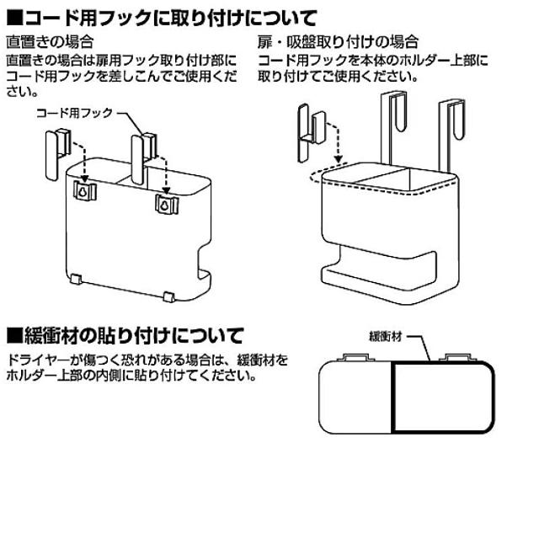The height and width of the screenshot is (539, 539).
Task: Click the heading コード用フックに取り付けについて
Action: click(168, 16)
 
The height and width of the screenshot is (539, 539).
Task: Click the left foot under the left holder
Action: click(77, 280)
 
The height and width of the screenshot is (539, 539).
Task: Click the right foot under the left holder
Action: click(168, 296)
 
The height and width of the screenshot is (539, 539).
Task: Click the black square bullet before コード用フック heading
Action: click(13, 17)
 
